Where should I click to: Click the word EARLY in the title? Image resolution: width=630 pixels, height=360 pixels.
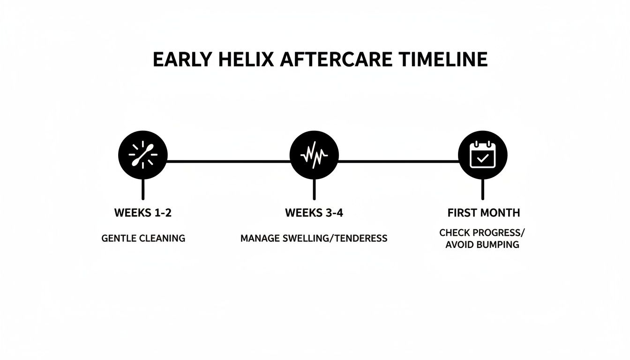(180, 60)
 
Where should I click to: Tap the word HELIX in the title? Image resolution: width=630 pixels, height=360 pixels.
(239, 60)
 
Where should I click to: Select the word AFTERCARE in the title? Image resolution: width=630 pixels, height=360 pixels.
(333, 60)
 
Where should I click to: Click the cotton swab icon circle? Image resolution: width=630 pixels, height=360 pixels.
(143, 155)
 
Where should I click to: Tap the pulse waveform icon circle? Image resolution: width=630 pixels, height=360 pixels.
(314, 155)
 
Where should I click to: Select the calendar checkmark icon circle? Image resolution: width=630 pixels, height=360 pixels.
(482, 155)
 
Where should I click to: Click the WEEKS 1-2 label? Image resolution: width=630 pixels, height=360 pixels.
(143, 213)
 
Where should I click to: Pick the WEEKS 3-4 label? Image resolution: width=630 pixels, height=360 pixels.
(314, 213)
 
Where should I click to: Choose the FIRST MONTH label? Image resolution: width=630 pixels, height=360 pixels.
(484, 213)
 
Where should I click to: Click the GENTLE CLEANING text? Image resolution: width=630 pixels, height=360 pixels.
(143, 238)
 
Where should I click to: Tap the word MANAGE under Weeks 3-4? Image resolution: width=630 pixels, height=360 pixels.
(261, 239)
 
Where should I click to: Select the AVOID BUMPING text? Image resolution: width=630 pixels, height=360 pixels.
(482, 245)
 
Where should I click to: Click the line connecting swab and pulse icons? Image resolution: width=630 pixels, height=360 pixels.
(228, 161)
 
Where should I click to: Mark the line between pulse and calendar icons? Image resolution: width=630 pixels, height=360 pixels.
(398, 161)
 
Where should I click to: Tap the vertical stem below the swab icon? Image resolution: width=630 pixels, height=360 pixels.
(143, 189)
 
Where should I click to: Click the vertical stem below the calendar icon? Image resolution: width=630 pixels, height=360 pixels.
(482, 189)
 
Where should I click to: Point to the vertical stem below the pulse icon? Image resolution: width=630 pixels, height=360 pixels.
(314, 189)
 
